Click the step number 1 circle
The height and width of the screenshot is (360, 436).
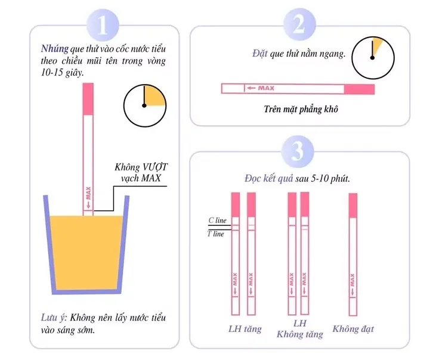pyautogui.click(x=103, y=25)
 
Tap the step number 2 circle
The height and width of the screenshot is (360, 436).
pyautogui.click(x=299, y=24)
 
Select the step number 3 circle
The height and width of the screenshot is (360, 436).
pyautogui.click(x=298, y=151)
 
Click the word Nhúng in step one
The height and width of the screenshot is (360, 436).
pyautogui.click(x=55, y=49)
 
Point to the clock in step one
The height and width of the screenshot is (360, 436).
pyautogui.click(x=144, y=105)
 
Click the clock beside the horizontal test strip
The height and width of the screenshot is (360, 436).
pyautogui.click(x=373, y=58)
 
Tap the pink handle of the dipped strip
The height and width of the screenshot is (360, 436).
pyautogui.click(x=88, y=99)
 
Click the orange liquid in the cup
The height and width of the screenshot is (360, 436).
pyautogui.click(x=86, y=253)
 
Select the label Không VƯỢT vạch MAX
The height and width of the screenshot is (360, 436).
pyautogui.click(x=141, y=172)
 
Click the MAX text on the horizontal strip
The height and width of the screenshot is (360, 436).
pyautogui.click(x=266, y=88)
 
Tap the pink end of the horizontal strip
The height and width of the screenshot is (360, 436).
pyautogui.click(x=359, y=89)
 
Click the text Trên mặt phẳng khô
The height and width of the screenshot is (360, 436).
pyautogui.click(x=301, y=109)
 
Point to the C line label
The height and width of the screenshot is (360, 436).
pyautogui.click(x=218, y=221)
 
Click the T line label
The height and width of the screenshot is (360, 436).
pyautogui.click(x=216, y=234)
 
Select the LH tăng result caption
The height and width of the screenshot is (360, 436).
pyautogui.click(x=245, y=329)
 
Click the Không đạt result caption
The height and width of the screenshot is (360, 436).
pyautogui.click(x=353, y=329)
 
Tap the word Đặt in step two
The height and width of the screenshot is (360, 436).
pyautogui.click(x=260, y=53)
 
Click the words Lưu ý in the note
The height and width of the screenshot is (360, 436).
pyautogui.click(x=54, y=318)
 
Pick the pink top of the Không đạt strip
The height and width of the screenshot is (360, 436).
pyautogui.click(x=353, y=206)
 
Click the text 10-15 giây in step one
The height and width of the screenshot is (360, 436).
pyautogui.click(x=62, y=73)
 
